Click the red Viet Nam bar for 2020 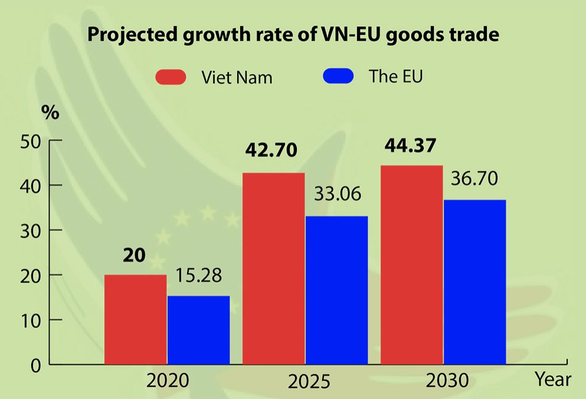[136, 319]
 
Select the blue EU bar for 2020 [198, 330]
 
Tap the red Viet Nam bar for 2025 [273, 269]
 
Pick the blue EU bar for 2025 [336, 290]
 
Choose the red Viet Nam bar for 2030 [412, 265]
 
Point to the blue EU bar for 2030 [474, 282]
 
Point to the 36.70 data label [474, 177]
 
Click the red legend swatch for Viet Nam [171, 77]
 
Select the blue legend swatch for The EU [338, 76]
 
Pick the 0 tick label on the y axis [35, 365]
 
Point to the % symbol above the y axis [50, 113]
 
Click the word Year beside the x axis [554, 379]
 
